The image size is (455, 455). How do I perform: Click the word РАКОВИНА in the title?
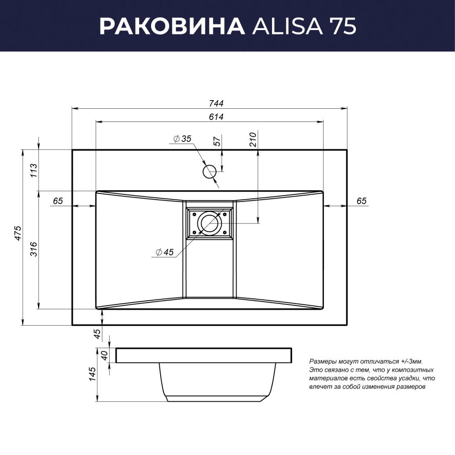point(172,26)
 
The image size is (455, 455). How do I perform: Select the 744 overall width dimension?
point(216,103)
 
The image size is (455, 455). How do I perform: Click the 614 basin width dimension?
point(216,116)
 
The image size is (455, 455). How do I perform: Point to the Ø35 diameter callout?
point(182,139)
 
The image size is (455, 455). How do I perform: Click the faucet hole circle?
point(209,172)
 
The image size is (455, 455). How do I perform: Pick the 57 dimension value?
point(217,142)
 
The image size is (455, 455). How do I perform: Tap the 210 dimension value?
point(253,139)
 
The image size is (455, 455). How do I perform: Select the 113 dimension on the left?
point(34,171)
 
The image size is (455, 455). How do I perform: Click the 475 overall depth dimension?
point(18,233)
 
